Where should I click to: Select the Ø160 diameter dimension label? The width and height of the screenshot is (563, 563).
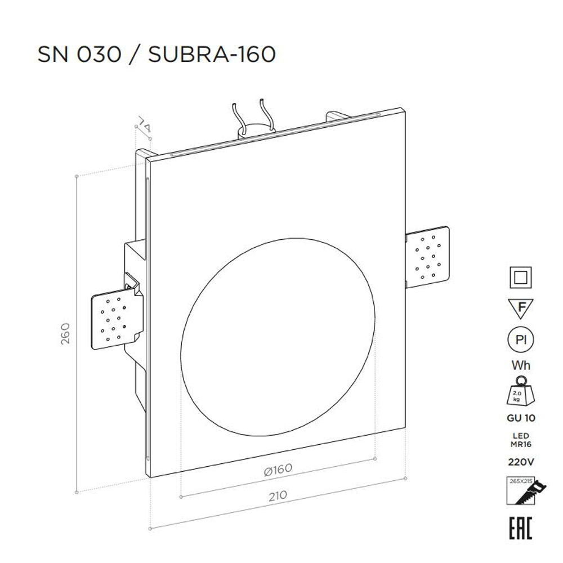pyautogui.click(x=278, y=470)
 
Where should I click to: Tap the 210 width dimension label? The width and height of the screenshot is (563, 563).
pyautogui.click(x=278, y=495)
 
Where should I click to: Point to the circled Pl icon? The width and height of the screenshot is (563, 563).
pyautogui.click(x=521, y=340)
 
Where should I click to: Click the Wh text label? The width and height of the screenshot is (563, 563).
pyautogui.click(x=521, y=365)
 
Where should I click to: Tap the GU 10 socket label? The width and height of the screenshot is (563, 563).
pyautogui.click(x=521, y=418)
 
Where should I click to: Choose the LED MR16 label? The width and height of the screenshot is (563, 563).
pyautogui.click(x=521, y=440)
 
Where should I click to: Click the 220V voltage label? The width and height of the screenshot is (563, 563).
pyautogui.click(x=521, y=462)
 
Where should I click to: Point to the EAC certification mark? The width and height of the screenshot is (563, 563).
pyautogui.click(x=521, y=528)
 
